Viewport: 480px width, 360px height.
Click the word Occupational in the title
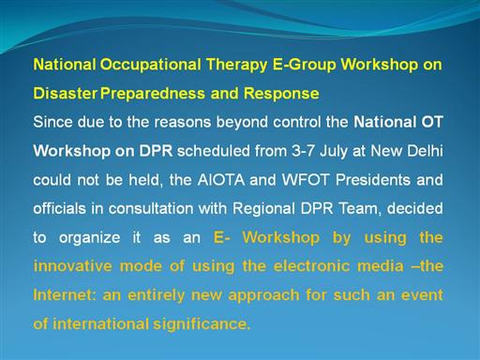pos(150,65)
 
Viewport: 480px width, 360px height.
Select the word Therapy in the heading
pos(237,65)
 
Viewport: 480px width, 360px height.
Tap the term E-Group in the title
pos(305,65)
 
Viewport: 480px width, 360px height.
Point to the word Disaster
pos(65,93)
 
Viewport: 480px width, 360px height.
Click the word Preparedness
pos(153,94)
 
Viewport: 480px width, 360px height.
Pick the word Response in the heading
pos(281,94)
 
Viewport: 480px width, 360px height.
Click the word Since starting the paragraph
pos(52,122)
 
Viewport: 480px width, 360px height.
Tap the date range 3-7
pos(303,151)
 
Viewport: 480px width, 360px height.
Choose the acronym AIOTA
pos(221,180)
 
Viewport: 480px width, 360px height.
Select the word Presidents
pos(373,180)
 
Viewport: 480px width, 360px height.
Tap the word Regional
pos(263,209)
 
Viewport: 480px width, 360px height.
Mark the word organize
pos(90,238)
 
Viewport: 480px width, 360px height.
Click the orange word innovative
pos(72,266)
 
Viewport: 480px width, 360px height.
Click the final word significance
pos(202,324)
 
